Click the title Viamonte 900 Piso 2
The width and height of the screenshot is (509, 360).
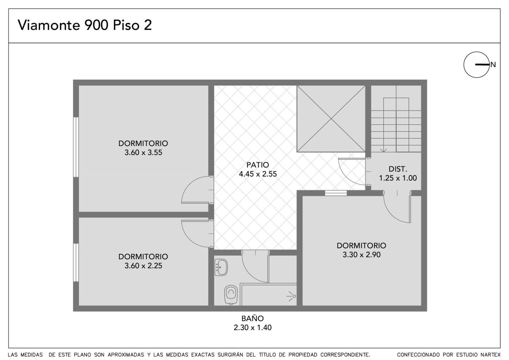[x=85, y=25]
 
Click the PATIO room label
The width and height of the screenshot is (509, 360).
[x=258, y=165]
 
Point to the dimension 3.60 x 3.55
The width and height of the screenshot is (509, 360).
[x=143, y=152]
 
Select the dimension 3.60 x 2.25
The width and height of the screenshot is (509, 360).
[x=143, y=265]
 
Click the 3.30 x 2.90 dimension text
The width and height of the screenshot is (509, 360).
[x=361, y=254]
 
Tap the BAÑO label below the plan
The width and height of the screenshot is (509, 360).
[x=253, y=318]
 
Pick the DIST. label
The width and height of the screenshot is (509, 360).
[x=398, y=169]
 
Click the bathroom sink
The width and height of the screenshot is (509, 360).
[x=221, y=267]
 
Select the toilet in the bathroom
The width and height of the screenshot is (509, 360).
[x=231, y=294]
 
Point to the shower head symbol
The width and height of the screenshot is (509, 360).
[x=291, y=296]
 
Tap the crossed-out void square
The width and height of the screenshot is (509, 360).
[x=331, y=119]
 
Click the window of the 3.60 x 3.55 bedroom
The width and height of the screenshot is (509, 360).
[x=76, y=147]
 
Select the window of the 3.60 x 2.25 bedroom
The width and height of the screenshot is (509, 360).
[x=76, y=262]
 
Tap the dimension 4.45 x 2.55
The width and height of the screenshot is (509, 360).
[x=258, y=174]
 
